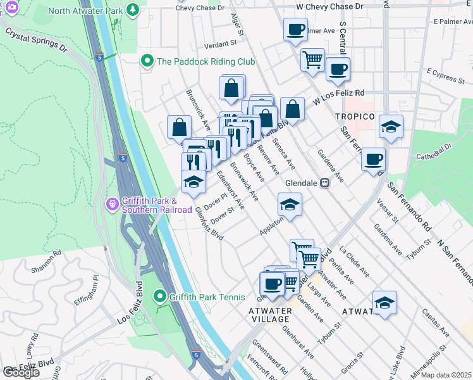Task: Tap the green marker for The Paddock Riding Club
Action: (x=147, y=61)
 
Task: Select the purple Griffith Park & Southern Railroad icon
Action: (x=112, y=204)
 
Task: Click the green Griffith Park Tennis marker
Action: (x=161, y=296)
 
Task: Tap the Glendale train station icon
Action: (x=325, y=182)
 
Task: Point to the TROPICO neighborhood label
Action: (x=355, y=117)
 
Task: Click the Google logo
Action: (x=21, y=372)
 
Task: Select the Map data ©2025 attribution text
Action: (x=446, y=375)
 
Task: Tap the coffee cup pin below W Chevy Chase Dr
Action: (x=295, y=28)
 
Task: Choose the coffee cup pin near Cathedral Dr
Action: (x=374, y=158)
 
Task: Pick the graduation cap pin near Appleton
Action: (x=290, y=204)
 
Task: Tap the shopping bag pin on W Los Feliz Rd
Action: (x=292, y=108)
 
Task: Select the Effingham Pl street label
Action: (x=87, y=291)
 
